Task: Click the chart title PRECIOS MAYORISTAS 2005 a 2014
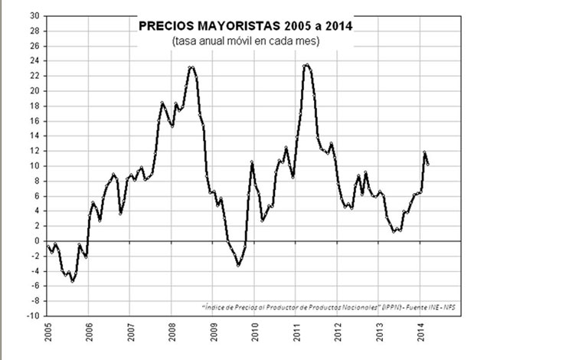(246, 26)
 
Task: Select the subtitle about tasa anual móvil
(246, 40)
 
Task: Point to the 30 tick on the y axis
(34, 15)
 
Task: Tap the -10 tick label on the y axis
(33, 316)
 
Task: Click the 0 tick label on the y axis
(37, 241)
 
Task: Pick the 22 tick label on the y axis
(34, 75)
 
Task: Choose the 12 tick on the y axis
(34, 150)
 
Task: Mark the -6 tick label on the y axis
(34, 286)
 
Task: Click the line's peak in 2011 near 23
(306, 65)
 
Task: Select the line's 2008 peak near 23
(191, 67)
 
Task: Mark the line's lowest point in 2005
(73, 281)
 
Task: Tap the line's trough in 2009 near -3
(238, 265)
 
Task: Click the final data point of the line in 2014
(427, 164)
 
